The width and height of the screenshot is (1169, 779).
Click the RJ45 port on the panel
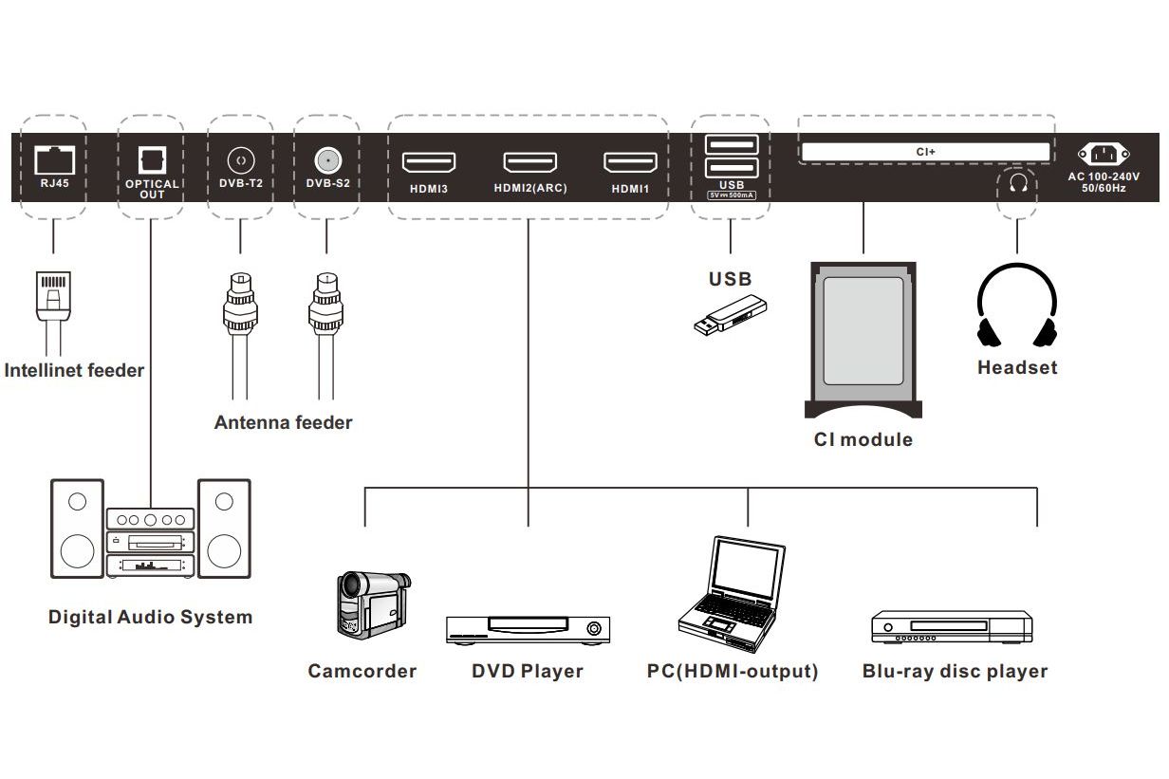53,159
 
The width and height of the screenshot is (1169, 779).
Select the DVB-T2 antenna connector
240,158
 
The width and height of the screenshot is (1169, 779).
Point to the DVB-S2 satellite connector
328,158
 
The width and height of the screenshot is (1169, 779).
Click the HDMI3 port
429,163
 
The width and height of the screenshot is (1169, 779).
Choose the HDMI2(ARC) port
529,163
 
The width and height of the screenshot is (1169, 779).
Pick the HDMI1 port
630,163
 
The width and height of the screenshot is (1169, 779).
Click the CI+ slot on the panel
925,152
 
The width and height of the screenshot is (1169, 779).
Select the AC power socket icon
1104,155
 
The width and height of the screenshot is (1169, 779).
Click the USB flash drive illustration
731,315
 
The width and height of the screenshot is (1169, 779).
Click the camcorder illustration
371,603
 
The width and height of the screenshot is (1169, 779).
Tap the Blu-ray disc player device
952,627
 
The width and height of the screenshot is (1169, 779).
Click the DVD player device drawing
528,630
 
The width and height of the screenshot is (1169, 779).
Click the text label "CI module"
863,440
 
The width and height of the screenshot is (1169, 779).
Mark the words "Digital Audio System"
151,618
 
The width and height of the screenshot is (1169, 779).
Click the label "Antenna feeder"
283,423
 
